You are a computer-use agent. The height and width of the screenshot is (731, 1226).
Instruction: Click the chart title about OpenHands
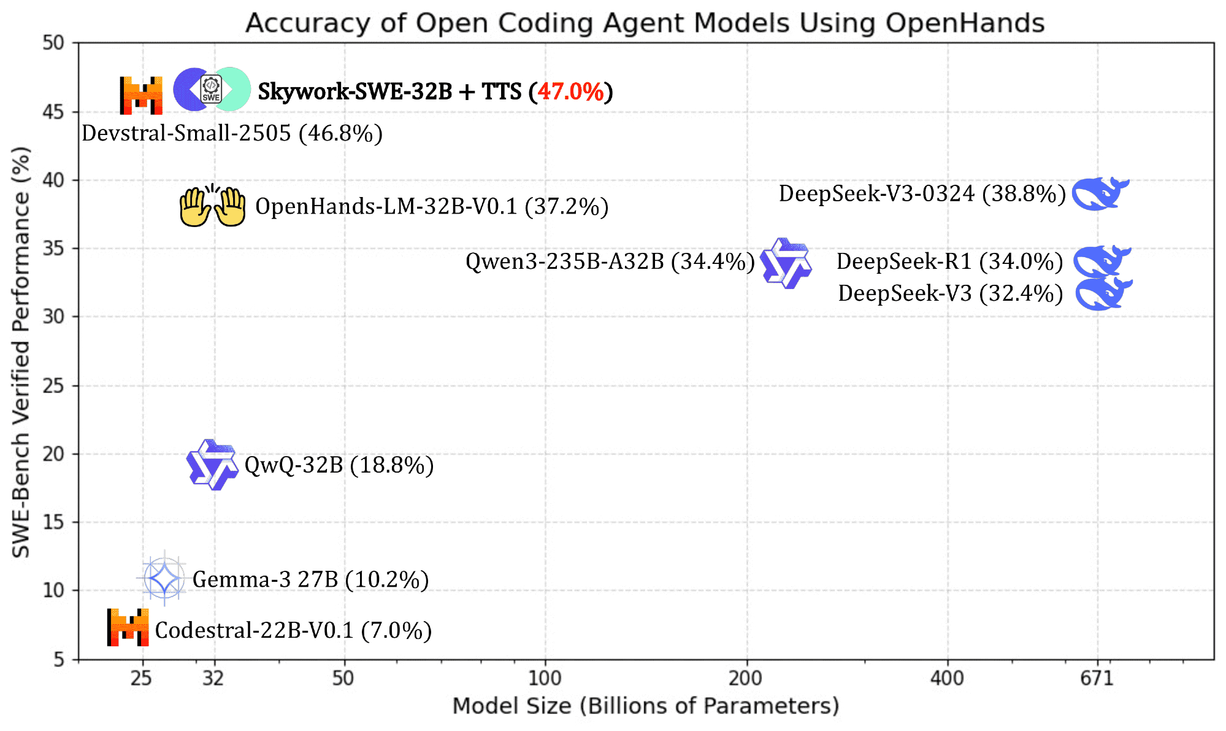pyautogui.click(x=645, y=23)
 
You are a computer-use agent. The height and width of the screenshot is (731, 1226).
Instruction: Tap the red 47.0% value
pyautogui.click(x=570, y=91)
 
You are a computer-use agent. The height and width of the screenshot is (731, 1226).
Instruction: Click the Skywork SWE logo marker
pyautogui.click(x=212, y=90)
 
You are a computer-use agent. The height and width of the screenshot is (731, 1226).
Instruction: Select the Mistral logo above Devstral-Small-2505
pyautogui.click(x=141, y=95)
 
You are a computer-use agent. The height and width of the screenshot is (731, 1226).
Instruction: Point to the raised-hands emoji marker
pyautogui.click(x=212, y=206)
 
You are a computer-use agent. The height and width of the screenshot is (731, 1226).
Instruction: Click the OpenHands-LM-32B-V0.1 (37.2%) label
pyautogui.click(x=432, y=207)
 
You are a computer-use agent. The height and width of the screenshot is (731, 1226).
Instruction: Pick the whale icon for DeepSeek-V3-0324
pyautogui.click(x=1100, y=194)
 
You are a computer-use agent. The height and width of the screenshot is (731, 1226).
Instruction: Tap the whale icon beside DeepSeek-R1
pyautogui.click(x=1101, y=261)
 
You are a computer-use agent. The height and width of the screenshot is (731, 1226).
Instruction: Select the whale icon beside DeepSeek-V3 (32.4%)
pyautogui.click(x=1103, y=293)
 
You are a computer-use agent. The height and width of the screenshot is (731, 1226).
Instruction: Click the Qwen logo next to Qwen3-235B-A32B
pyautogui.click(x=786, y=263)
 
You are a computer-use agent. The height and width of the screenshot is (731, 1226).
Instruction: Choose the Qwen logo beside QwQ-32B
pyautogui.click(x=212, y=465)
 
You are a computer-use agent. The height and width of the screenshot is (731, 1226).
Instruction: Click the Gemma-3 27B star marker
pyautogui.click(x=164, y=578)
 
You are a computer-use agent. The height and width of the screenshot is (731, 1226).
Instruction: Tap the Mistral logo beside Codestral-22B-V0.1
pyautogui.click(x=128, y=627)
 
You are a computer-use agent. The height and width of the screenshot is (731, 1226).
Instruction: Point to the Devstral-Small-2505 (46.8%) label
pyautogui.click(x=232, y=133)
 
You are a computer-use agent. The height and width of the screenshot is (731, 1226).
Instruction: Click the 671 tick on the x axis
pyautogui.click(x=1097, y=678)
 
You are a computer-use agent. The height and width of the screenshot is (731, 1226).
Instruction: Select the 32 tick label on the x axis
pyautogui.click(x=213, y=678)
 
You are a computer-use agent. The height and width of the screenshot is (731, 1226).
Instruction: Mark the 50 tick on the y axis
pyautogui.click(x=53, y=43)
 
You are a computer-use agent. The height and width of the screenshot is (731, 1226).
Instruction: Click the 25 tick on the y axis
pyautogui.click(x=53, y=386)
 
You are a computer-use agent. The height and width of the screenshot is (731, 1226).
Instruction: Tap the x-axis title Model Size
pyautogui.click(x=645, y=706)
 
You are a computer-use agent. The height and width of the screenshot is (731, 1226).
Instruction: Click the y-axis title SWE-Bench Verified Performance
pyautogui.click(x=21, y=352)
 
